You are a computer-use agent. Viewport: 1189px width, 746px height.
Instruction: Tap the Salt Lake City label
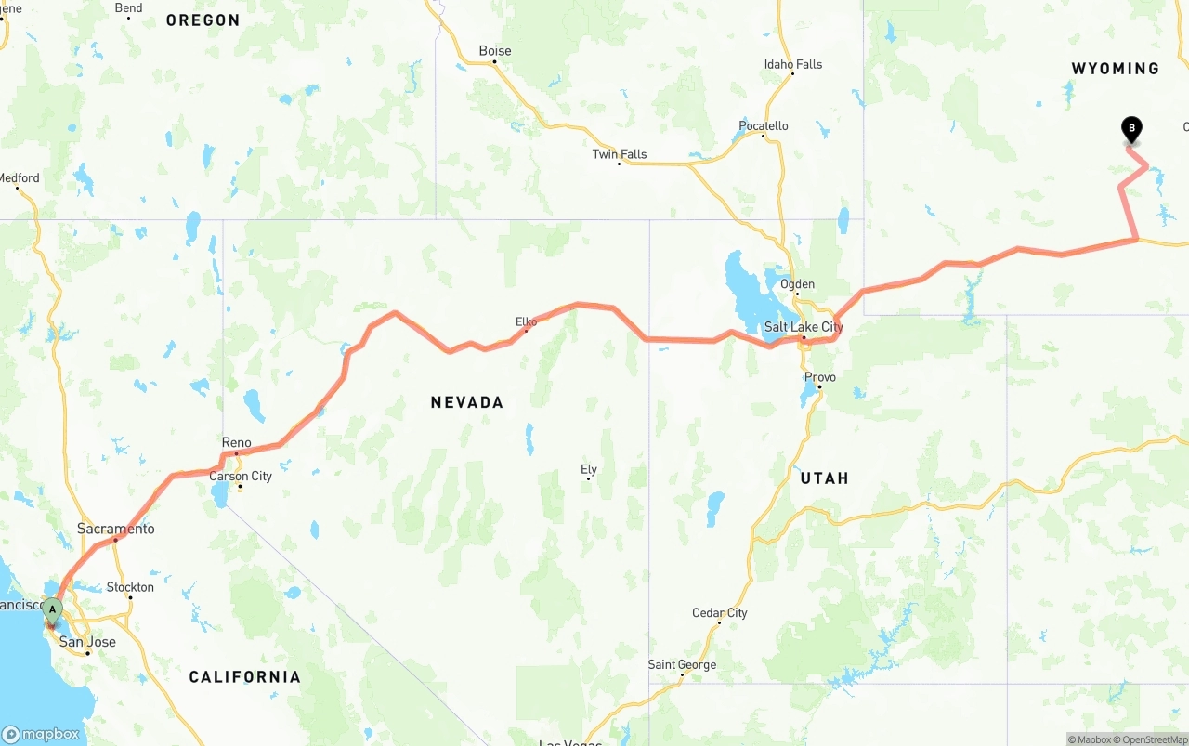pyautogui.click(x=804, y=327)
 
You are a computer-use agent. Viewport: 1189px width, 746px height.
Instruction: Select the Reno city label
pyautogui.click(x=236, y=442)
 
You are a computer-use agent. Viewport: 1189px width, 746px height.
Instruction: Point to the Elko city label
pyautogui.click(x=526, y=321)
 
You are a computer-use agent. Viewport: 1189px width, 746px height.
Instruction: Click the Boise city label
pyautogui.click(x=494, y=51)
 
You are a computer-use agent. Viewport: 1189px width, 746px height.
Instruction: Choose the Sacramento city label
pyautogui.click(x=115, y=529)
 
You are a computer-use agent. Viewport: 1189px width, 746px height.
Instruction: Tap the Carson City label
pyautogui.click(x=241, y=476)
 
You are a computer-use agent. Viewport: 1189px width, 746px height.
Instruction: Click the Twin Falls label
pyautogui.click(x=620, y=154)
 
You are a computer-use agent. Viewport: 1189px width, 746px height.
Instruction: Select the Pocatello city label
pyautogui.click(x=763, y=125)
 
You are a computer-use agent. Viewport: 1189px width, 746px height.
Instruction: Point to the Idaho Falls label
pyautogui.click(x=792, y=64)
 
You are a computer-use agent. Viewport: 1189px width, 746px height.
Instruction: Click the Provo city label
pyautogui.click(x=820, y=377)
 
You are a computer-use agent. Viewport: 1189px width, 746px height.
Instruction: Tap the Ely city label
pyautogui.click(x=588, y=469)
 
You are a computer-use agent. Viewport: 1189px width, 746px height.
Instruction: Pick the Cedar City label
pyautogui.click(x=719, y=612)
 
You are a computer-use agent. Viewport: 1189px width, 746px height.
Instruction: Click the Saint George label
pyautogui.click(x=682, y=664)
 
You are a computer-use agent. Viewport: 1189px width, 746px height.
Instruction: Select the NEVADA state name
pyautogui.click(x=466, y=402)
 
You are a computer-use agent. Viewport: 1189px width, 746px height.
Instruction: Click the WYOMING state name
pyautogui.click(x=1115, y=69)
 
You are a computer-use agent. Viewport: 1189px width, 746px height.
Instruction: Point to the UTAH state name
pyautogui.click(x=824, y=478)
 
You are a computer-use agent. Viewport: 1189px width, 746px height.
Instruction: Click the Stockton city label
pyautogui.click(x=130, y=587)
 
